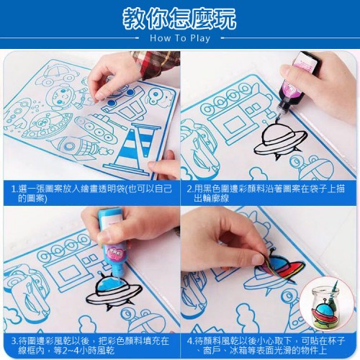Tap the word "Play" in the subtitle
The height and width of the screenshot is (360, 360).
coord(200,39)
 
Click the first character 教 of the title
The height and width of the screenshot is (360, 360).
coord(135,18)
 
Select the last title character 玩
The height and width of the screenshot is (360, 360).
coord(225,18)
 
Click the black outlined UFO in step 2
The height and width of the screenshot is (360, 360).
coord(279,140)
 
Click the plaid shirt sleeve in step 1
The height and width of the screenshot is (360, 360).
coord(156,63)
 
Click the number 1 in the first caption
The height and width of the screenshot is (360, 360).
coord(14,189)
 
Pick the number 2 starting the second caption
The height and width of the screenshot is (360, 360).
coord(189,189)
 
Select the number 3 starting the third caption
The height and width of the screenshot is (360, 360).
coord(14,341)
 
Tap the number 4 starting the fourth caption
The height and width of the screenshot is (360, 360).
coord(190,341)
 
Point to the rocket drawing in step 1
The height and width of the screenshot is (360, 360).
coord(79,147)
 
